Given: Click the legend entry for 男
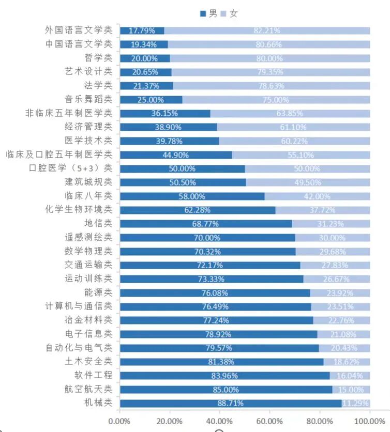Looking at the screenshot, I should pyautogui.click(x=208, y=14).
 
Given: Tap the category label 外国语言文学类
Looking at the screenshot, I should pyautogui.click(x=78, y=30).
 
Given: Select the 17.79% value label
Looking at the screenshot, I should pyautogui.click(x=142, y=30).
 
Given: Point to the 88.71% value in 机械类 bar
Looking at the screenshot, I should pyautogui.click(x=231, y=403).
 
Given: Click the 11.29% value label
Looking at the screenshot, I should pyautogui.click(x=355, y=403).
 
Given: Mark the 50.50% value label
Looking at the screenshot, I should pyautogui.click(x=182, y=182).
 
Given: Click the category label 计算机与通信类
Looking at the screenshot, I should pyautogui.click(x=78, y=306).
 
